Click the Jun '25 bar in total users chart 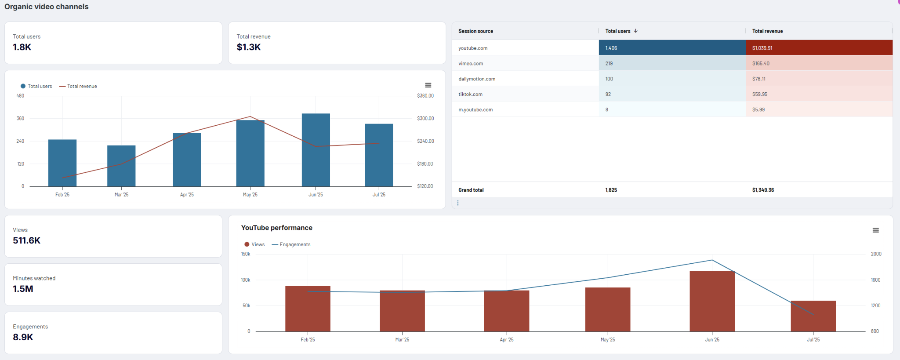click(316, 150)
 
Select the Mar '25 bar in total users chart click(121, 166)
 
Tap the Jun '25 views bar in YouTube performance click(712, 302)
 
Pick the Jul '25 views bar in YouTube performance click(813, 316)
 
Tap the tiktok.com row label click(470, 94)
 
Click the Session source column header click(475, 31)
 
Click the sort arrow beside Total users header click(636, 31)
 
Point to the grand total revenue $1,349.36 click(763, 190)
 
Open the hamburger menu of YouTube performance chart click(875, 230)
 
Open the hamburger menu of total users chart click(428, 85)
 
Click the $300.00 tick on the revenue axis click(425, 118)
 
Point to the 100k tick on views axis click(245, 280)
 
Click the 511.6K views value click(26, 240)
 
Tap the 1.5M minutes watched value click(23, 289)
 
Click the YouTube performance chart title click(276, 228)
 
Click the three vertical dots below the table click(458, 203)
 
